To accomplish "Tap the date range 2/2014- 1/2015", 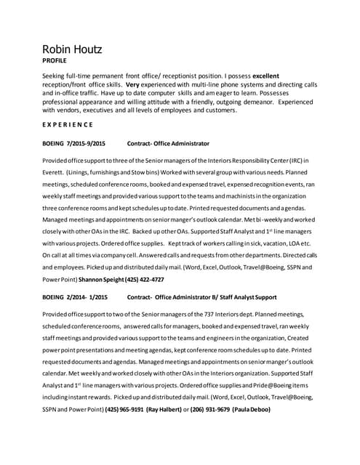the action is pos(88,296).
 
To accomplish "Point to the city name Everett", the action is pos(55,172).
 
